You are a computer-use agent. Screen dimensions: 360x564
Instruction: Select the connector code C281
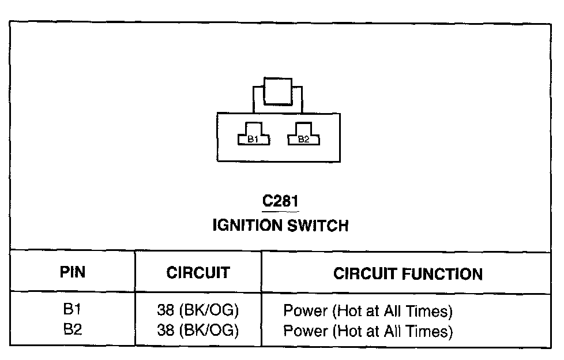click(281, 202)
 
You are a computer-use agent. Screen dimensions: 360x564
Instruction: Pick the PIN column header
click(73, 272)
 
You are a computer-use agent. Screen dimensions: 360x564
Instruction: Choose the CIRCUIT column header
click(198, 272)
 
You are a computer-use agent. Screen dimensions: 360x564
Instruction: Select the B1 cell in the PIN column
click(72, 310)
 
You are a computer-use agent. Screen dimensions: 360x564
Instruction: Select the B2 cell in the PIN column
click(72, 330)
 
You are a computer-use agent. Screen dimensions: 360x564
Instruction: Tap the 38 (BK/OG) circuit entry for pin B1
click(198, 311)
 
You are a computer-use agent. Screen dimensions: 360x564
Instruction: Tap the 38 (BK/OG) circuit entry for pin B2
click(198, 331)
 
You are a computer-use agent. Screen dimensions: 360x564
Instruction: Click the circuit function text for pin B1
click(367, 312)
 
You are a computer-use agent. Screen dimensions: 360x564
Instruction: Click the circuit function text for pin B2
click(367, 332)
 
